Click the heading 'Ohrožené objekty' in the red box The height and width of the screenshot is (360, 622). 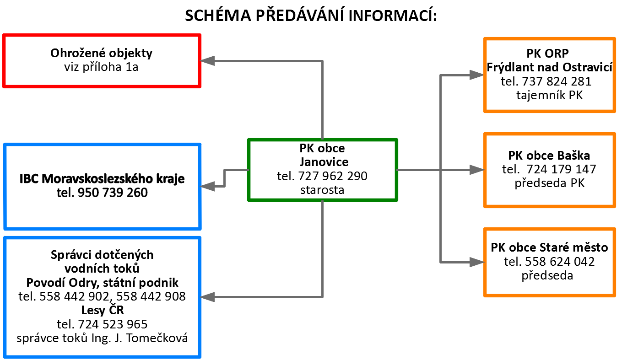[101, 53]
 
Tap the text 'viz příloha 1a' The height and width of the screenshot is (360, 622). [101, 67]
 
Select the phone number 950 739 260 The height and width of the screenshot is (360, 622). [113, 193]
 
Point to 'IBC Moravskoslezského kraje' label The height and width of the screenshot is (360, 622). [102, 179]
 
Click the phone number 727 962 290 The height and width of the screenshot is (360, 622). [333, 176]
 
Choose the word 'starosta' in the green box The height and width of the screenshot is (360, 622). [322, 190]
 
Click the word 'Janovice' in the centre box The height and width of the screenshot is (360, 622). [324, 162]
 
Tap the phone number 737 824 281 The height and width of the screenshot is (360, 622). [557, 81]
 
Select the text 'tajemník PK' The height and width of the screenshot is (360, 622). [549, 95]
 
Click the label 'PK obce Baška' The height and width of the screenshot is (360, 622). [549, 156]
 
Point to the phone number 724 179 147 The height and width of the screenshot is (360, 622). [561, 169]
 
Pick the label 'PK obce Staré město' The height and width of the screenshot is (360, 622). [549, 247]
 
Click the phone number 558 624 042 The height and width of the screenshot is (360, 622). [560, 262]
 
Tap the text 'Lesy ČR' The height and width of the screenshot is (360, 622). [103, 310]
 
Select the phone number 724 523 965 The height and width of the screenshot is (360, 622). [113, 324]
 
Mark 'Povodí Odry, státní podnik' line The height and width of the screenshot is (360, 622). [102, 283]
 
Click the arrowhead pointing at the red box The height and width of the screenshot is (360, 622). [207, 61]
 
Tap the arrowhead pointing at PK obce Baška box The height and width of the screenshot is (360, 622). [477, 170]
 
